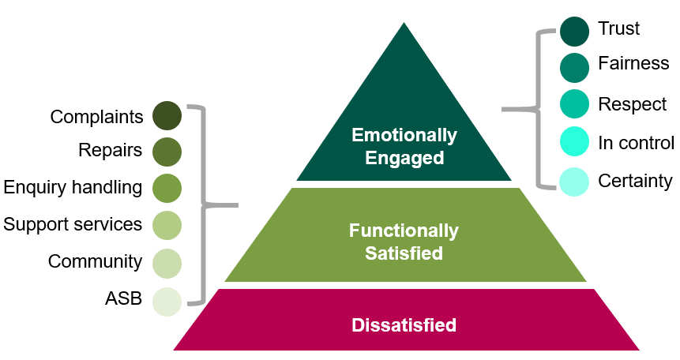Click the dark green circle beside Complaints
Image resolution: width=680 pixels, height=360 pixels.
point(167,116)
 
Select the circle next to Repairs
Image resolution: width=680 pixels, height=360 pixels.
point(167,150)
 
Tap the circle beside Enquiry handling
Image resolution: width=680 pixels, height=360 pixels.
point(167,188)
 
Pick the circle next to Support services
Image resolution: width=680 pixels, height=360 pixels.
point(167,225)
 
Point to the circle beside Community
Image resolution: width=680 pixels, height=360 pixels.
point(167,262)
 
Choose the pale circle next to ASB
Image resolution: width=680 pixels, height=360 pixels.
point(167,301)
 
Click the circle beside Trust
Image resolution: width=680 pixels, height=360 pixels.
point(574,30)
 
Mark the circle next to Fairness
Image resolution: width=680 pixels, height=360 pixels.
point(574,67)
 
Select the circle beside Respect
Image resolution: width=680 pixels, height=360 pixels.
point(574,104)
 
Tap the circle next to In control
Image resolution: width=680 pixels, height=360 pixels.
point(574,142)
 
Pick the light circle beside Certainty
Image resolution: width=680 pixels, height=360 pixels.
point(574,181)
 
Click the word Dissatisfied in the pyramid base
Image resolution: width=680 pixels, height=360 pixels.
point(404,324)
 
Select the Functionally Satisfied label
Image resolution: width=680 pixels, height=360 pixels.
point(404,242)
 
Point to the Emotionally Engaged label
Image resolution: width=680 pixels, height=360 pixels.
point(404,146)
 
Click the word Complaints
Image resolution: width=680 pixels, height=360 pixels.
point(96,117)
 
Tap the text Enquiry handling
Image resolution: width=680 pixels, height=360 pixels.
point(73,187)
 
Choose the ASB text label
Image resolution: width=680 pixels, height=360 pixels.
point(123,299)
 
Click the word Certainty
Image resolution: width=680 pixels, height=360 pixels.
point(635,181)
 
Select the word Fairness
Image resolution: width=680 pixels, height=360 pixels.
point(633,63)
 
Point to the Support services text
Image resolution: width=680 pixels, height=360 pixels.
point(73,224)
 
